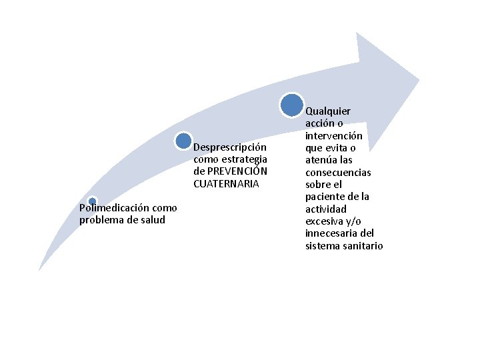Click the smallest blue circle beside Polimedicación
click(93, 201)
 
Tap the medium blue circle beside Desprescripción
click(184, 141)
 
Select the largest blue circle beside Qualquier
click(292, 105)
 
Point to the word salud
click(153, 220)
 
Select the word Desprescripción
click(230, 147)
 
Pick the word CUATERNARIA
click(226, 183)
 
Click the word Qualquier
click(328, 111)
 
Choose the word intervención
click(333, 135)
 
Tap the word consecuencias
click(338, 172)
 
